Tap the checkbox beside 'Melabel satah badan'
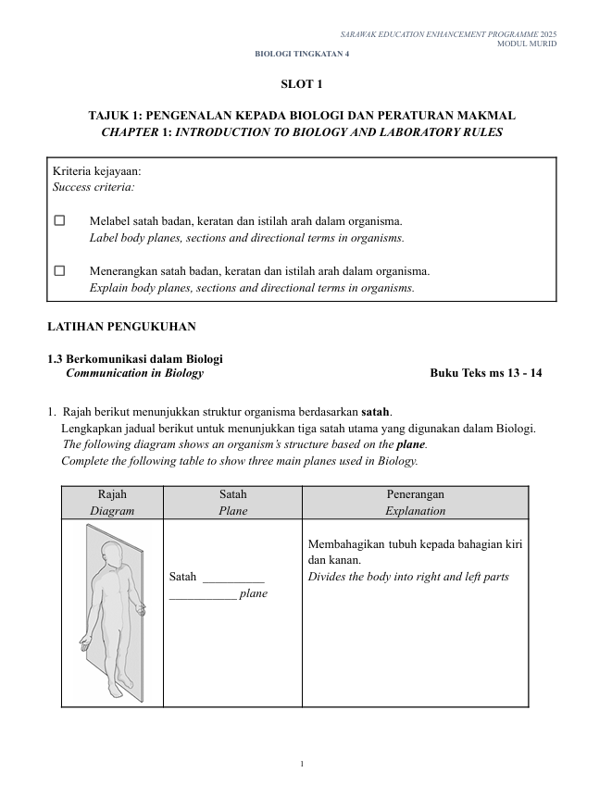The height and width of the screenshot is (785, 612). (x=60, y=221)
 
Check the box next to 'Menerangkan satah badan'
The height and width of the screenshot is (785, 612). (x=60, y=271)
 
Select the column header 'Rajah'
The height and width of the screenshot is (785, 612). (x=112, y=494)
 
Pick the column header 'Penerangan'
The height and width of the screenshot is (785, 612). (x=415, y=494)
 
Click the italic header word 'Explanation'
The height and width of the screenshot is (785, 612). (x=415, y=511)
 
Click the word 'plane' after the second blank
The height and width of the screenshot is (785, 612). (x=253, y=593)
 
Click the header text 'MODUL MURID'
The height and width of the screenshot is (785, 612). (x=527, y=44)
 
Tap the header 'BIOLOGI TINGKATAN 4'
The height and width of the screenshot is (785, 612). (x=302, y=54)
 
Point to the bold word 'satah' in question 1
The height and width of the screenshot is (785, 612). (x=374, y=411)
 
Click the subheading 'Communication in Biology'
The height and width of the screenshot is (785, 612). (x=135, y=374)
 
